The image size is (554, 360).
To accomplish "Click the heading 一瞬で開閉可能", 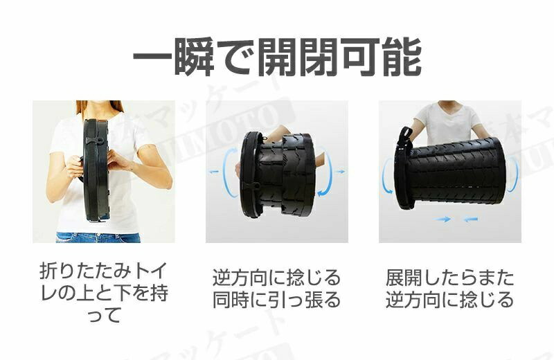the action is tap(277, 57).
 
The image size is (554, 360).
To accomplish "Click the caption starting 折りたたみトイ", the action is tap(103, 293).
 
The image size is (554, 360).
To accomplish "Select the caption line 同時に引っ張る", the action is tap(276, 300).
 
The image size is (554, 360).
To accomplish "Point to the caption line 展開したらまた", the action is tap(449, 278).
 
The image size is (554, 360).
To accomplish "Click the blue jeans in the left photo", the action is tap(98, 237).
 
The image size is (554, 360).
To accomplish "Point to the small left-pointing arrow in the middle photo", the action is tap(214, 172).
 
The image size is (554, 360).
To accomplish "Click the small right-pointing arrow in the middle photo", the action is tap(340, 172).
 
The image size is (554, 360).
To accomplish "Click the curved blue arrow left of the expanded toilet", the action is tap(385, 176).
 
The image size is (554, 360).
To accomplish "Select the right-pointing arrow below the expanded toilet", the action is tap(443, 219).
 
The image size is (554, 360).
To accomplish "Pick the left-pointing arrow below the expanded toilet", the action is tap(470, 219).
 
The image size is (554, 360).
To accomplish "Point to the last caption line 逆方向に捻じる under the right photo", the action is tap(449, 300).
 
